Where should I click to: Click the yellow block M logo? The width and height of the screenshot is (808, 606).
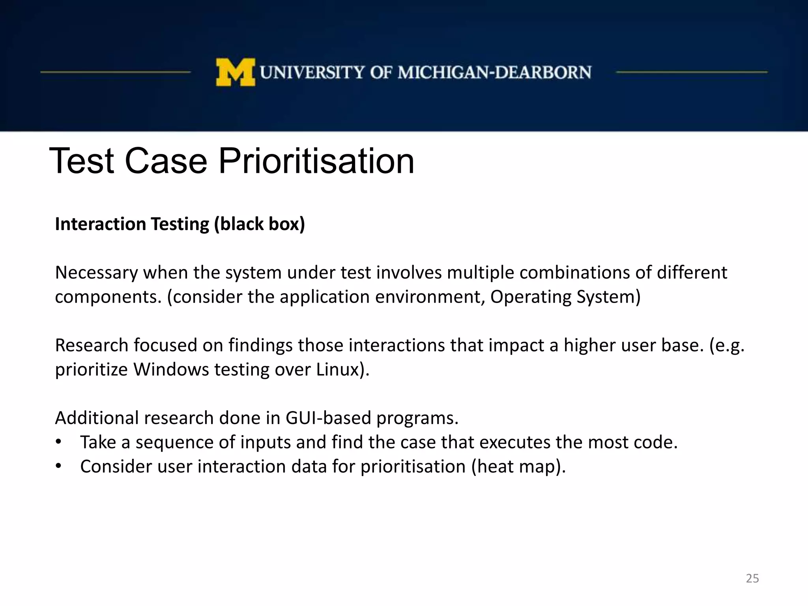point(236,72)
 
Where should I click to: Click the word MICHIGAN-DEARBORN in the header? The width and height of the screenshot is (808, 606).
point(494,73)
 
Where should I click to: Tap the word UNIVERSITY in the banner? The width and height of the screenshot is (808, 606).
point(312,73)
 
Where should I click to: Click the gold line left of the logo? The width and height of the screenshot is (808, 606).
point(115,72)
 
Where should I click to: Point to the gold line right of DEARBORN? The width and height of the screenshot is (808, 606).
point(691,72)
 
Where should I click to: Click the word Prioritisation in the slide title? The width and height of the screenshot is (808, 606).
point(316,161)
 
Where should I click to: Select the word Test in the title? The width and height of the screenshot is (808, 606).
point(82,161)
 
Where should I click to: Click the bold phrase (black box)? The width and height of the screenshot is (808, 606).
point(259,224)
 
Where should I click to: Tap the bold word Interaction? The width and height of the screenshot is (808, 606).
point(100,224)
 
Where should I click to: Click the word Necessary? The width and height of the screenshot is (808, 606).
point(96,273)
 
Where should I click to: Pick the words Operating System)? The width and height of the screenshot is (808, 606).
point(565,297)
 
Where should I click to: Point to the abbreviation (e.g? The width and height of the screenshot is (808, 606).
point(727,346)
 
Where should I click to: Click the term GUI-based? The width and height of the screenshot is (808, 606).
point(328,418)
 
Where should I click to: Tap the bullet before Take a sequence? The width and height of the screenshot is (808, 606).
point(58,442)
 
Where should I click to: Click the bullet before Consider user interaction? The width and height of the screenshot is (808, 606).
point(58,466)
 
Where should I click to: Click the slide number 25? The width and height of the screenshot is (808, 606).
point(752,578)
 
